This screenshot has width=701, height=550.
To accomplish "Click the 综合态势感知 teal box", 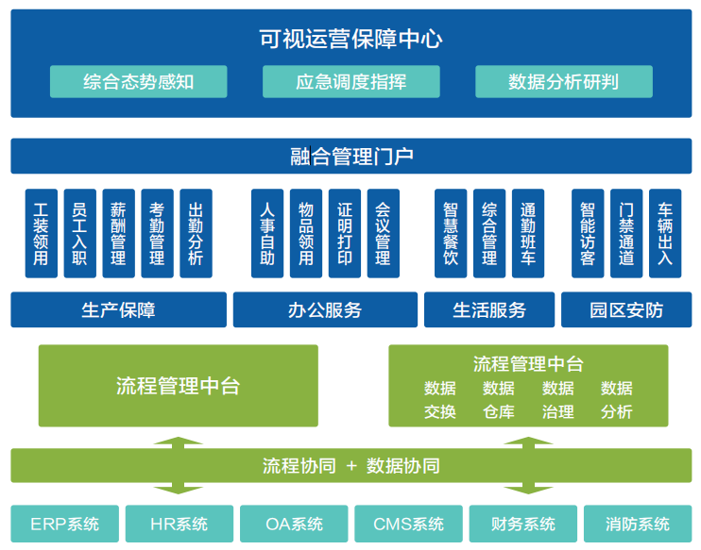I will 138,82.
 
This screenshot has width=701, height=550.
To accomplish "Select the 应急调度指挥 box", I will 350,82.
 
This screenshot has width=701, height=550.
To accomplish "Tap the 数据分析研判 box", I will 563,82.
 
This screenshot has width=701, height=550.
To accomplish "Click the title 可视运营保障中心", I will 350,39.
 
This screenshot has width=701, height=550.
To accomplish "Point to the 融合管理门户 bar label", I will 350,157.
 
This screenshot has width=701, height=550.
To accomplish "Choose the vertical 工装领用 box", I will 41,234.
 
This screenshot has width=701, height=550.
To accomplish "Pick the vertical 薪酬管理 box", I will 118,234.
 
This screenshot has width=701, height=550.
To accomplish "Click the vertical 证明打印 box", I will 344,234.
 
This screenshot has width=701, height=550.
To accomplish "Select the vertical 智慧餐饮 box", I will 451,234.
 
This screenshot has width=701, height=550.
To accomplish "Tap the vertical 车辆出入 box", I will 665,234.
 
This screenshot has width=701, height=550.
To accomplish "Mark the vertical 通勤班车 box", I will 528,234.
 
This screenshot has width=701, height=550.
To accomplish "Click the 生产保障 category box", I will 118,309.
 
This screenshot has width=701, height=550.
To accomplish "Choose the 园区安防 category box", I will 626,309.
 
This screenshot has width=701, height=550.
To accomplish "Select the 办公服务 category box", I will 325,309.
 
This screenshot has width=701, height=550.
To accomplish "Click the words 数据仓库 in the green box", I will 499,400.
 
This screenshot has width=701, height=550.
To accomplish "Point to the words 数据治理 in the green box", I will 558,400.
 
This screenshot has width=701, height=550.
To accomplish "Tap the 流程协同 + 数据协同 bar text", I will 350,466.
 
